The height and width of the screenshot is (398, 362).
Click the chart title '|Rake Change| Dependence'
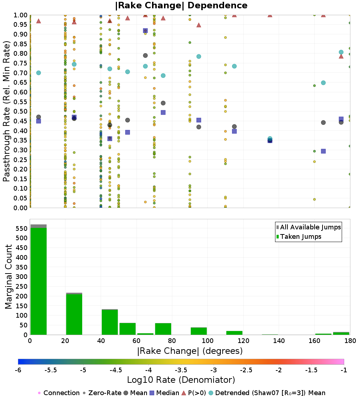181,5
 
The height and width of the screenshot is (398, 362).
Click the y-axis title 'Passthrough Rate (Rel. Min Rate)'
7,111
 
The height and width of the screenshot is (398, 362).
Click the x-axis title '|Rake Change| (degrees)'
190,351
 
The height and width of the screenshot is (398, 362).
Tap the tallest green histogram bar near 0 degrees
38,280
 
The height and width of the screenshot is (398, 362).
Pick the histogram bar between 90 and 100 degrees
198,331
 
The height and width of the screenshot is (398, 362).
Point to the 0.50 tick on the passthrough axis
21,111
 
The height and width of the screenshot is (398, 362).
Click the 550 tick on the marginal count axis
21,228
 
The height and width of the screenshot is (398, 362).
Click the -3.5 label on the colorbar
181,370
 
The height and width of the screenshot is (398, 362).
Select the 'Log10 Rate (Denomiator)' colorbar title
181,380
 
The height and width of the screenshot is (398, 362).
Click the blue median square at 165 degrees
323,151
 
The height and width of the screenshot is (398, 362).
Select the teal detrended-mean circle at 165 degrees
323,83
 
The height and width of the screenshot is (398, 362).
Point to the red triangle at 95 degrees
199,25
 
